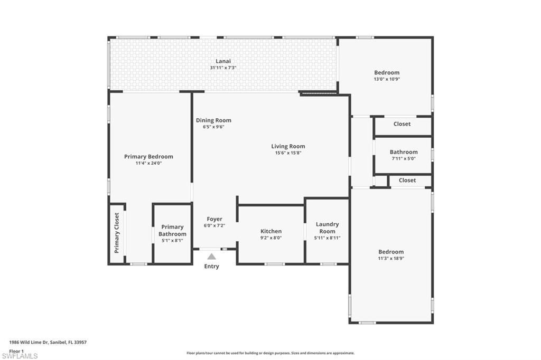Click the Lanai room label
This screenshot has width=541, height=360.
pos(223,61)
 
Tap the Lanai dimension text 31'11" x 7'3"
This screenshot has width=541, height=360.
pos(223,68)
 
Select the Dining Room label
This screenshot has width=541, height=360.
pos(213,120)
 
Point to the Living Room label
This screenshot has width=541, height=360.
pos(288,146)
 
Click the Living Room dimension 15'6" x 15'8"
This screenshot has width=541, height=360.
pos(288,153)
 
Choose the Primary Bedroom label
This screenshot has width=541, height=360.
pos(148,156)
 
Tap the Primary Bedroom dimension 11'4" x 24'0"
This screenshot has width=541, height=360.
pos(148,163)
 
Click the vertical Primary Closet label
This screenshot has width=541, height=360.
pos(117,233)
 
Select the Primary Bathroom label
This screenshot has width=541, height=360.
pos(172,231)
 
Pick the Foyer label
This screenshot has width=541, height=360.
pos(214,219)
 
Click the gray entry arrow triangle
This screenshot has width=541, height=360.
pos(211,257)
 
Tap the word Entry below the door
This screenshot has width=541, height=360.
pos(211,267)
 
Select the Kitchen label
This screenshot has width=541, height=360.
pos(271,231)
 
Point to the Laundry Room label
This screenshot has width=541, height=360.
pos(327,228)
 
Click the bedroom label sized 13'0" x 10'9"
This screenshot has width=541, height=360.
pos(387,73)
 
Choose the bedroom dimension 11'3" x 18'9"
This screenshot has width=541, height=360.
pos(390,259)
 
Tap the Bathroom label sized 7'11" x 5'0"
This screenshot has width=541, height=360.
pos(404,152)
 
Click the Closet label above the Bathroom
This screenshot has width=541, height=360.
pos(402,124)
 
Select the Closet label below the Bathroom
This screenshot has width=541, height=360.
pos(407,181)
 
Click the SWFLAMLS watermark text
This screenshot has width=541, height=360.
pos(20,356)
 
